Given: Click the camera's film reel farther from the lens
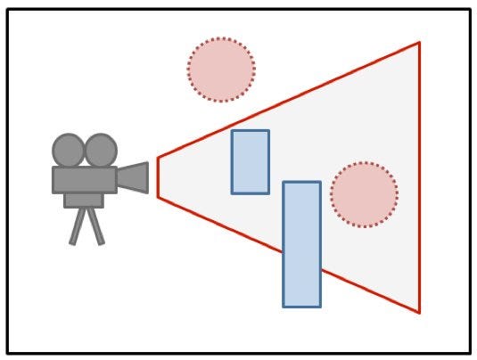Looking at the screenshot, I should tap(69, 151).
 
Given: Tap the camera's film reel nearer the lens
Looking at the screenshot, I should tap(100, 151).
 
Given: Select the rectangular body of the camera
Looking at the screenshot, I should tap(84, 179).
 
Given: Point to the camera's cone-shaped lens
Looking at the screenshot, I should tap(134, 177).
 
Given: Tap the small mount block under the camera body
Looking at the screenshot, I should tap(84, 200).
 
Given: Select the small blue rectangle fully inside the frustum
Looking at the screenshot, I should tap(250, 161).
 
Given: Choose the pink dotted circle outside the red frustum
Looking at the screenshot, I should tap(221, 69).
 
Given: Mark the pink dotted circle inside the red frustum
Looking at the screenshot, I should tap(364, 194).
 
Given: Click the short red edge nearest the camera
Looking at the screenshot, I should tap(158, 177).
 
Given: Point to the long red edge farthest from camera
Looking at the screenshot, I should tap(419, 178).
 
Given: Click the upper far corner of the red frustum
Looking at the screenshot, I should tap(419, 43).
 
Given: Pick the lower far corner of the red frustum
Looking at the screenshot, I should tap(419, 312).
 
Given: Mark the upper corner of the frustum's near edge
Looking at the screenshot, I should tap(158, 158).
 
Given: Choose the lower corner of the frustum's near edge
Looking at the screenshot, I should tap(158, 197).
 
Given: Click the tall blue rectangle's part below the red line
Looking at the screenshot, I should tap(301, 290).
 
